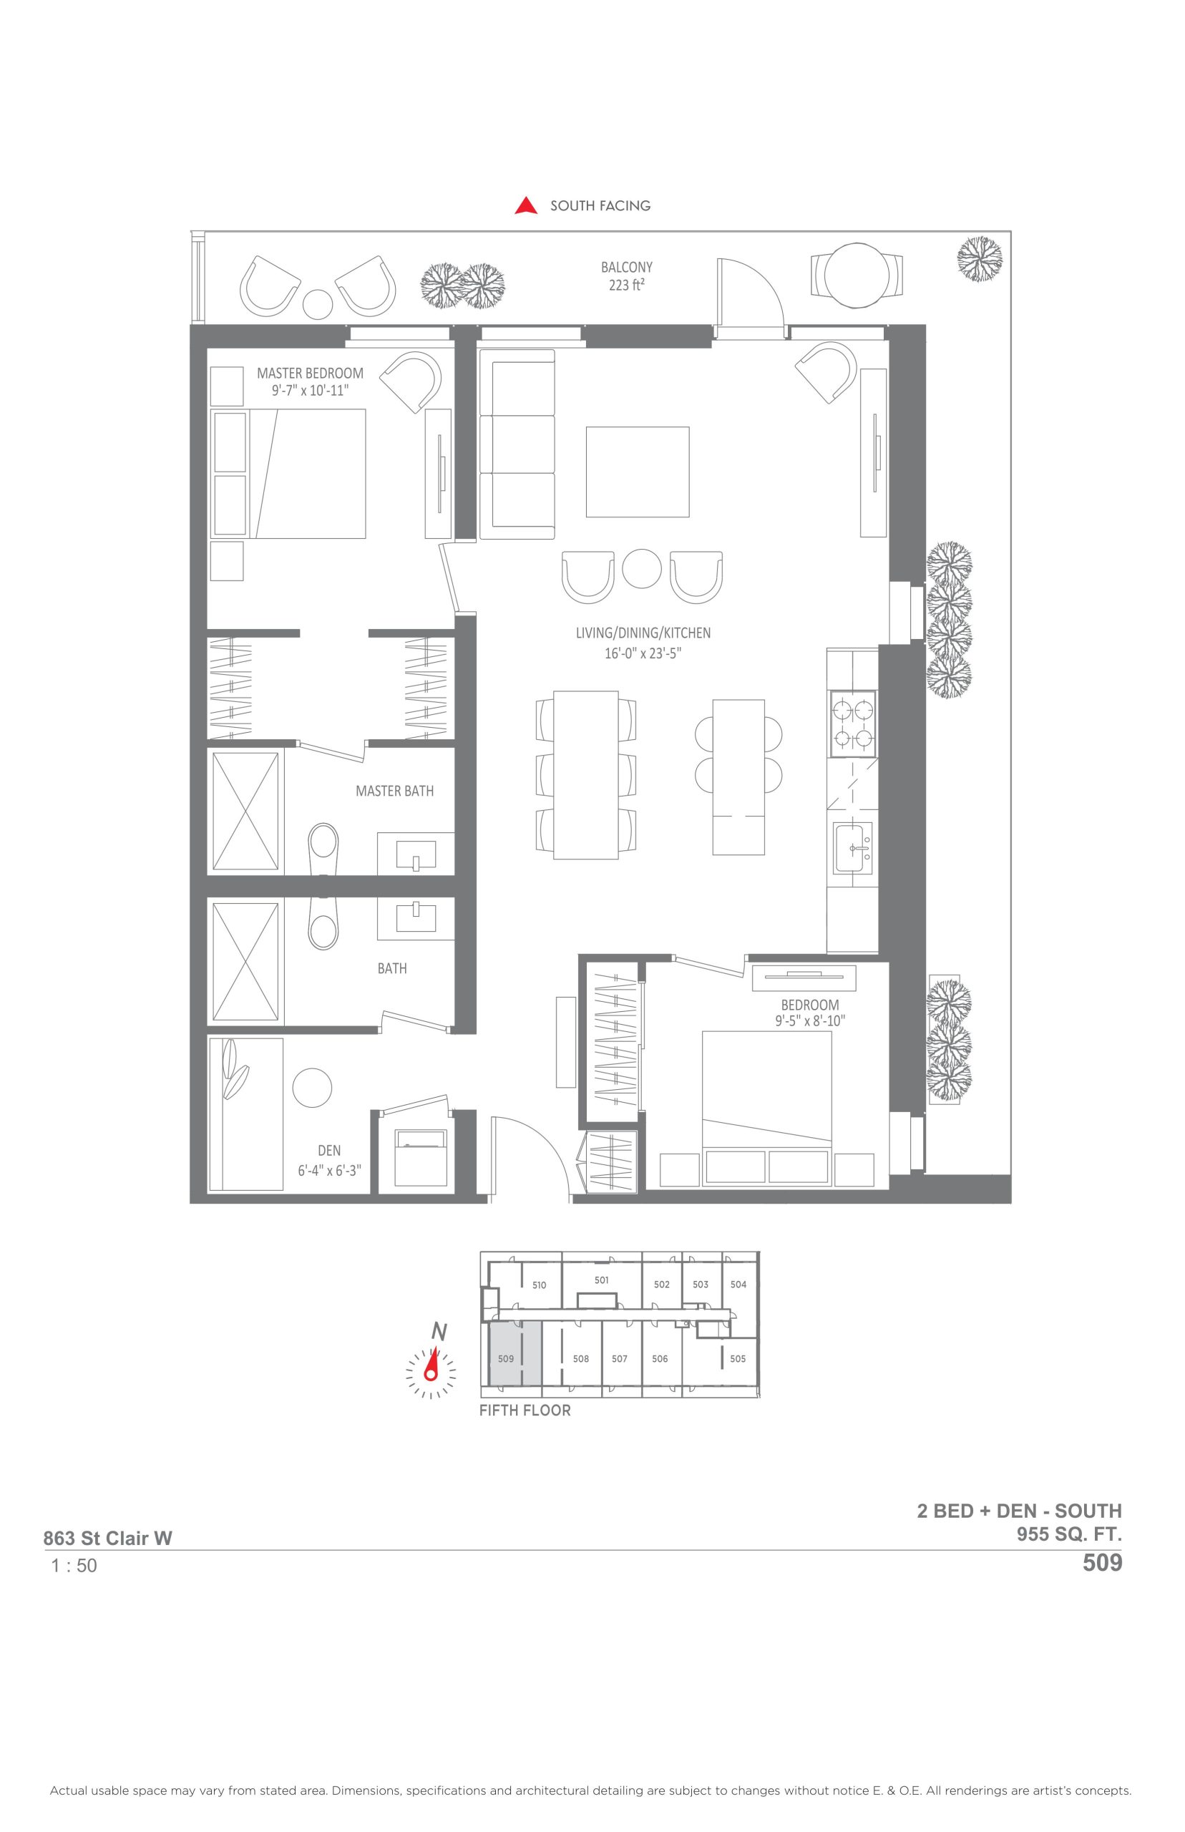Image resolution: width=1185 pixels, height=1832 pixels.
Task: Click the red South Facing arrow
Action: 527,205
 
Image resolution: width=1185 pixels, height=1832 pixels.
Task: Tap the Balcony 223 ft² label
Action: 626,276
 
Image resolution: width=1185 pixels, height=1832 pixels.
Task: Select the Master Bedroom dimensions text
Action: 310,391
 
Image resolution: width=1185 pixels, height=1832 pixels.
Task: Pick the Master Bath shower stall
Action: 245,811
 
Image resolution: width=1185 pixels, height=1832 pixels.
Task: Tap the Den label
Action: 329,1151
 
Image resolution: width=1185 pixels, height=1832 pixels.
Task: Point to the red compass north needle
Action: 432,1365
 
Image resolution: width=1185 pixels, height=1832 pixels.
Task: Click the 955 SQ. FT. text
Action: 1069,1534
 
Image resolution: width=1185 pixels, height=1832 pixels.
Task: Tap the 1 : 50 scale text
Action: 74,1566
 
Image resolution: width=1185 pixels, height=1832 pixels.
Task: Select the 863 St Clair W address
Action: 108,1538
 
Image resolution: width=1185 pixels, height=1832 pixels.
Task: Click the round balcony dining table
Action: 857,276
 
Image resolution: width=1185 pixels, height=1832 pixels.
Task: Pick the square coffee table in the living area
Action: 637,472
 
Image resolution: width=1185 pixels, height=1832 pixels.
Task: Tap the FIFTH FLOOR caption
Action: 525,1410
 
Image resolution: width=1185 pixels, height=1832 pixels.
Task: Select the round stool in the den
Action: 313,1088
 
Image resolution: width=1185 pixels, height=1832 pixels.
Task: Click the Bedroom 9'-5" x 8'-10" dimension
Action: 809,1021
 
